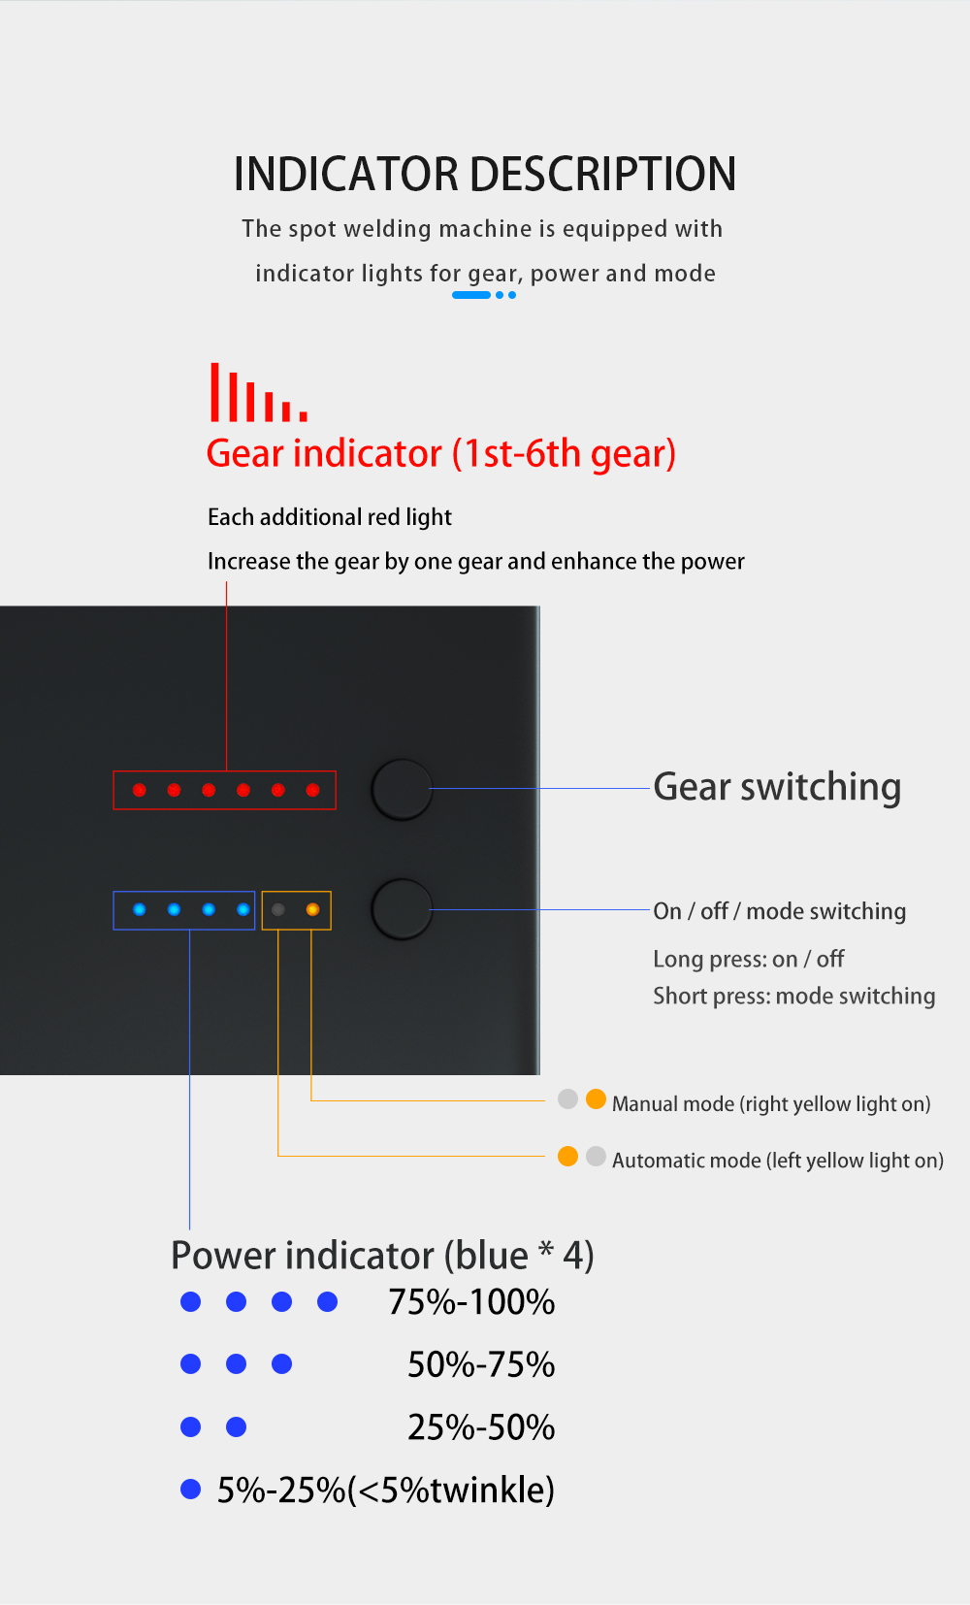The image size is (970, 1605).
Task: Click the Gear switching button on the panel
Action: point(402,790)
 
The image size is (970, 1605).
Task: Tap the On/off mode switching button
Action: point(402,909)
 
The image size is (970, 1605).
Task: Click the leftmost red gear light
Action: point(140,790)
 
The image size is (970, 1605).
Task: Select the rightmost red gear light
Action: point(312,790)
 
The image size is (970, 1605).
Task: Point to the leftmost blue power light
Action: point(140,910)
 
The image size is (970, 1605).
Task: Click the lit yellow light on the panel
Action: point(312,910)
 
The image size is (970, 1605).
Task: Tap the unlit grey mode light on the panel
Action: point(278,910)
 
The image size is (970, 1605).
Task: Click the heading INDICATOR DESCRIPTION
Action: point(485,174)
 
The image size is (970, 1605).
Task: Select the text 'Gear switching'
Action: point(777,787)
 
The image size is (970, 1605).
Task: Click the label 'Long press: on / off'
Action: point(749,959)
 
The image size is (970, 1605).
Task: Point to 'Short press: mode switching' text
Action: point(793,996)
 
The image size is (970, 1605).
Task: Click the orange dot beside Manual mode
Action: point(596,1099)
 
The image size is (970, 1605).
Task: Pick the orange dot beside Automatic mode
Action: point(568,1157)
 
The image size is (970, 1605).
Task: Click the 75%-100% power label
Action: point(471,1302)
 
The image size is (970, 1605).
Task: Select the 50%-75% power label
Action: point(481,1365)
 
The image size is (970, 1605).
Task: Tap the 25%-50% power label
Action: point(481,1427)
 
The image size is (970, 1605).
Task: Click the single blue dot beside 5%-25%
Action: point(190,1489)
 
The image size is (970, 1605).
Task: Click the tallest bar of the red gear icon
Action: point(214,392)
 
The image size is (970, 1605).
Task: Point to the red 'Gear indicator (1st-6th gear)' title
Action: point(441,453)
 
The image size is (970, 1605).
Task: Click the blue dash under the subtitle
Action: point(471,295)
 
